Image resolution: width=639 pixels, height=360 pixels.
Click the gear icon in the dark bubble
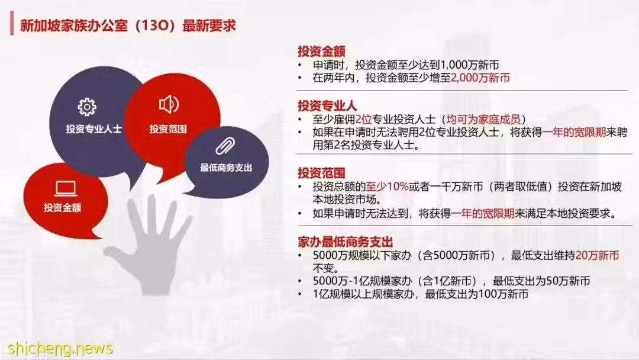pyautogui.click(x=87, y=107)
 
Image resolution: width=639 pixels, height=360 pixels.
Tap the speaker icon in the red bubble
pyautogui.click(x=169, y=104)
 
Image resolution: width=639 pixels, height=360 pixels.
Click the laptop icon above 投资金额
pyautogui.click(x=66, y=189)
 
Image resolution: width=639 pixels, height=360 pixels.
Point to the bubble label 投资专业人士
pyautogui.click(x=94, y=129)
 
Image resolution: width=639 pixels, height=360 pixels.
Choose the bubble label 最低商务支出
pyautogui.click(x=226, y=168)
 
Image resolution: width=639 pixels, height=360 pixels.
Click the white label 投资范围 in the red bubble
pyautogui.click(x=168, y=129)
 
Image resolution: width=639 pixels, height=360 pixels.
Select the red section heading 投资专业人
pyautogui.click(x=327, y=106)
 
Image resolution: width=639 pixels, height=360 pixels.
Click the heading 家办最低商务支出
pyautogui.click(x=345, y=242)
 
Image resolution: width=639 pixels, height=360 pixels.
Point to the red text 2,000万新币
pyautogui.click(x=480, y=78)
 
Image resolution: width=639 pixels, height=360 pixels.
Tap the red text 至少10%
pyautogui.click(x=387, y=187)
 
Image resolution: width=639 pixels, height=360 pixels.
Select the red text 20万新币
pyautogui.click(x=598, y=256)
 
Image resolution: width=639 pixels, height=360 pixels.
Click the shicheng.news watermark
pyautogui.click(x=60, y=348)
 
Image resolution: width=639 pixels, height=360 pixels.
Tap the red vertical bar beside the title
pyautogui.click(x=12, y=24)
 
